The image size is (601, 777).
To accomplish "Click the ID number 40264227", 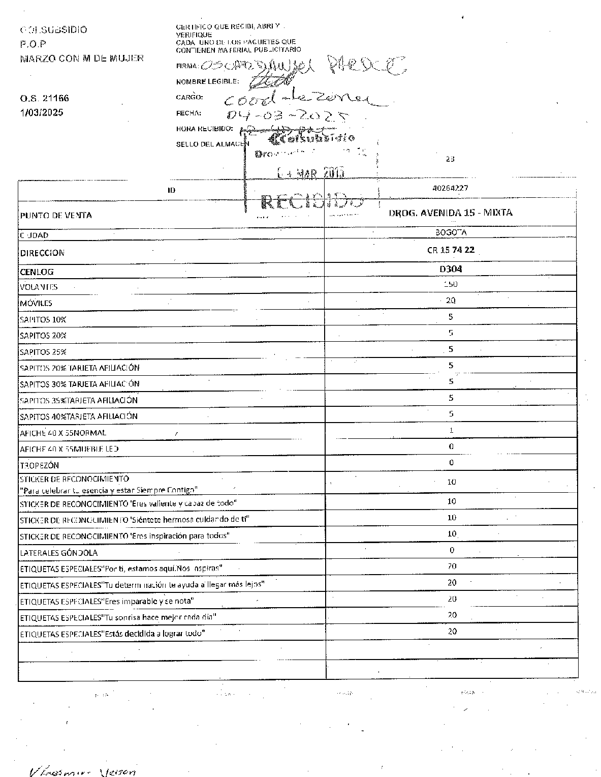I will [450, 188].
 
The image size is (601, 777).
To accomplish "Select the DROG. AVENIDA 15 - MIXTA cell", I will [451, 213].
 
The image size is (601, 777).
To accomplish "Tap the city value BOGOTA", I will [451, 232].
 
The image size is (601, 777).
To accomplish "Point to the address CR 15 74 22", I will [451, 250].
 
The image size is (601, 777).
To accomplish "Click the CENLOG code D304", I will [451, 269].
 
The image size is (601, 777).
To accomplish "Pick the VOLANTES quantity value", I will [451, 284].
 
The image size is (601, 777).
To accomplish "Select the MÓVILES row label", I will [36, 303].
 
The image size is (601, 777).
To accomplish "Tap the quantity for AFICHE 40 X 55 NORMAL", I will [451, 430].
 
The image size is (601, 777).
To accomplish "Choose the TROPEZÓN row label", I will [39, 465].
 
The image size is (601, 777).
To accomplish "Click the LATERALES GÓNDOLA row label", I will [58, 553].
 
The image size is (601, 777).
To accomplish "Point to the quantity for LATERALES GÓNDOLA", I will [452, 550].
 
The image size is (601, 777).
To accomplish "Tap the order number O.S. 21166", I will [44, 98].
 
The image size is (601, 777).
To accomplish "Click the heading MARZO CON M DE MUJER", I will [81, 58].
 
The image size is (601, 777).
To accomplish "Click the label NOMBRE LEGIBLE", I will [207, 81].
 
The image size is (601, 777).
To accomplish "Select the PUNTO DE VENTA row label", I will [56, 215].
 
